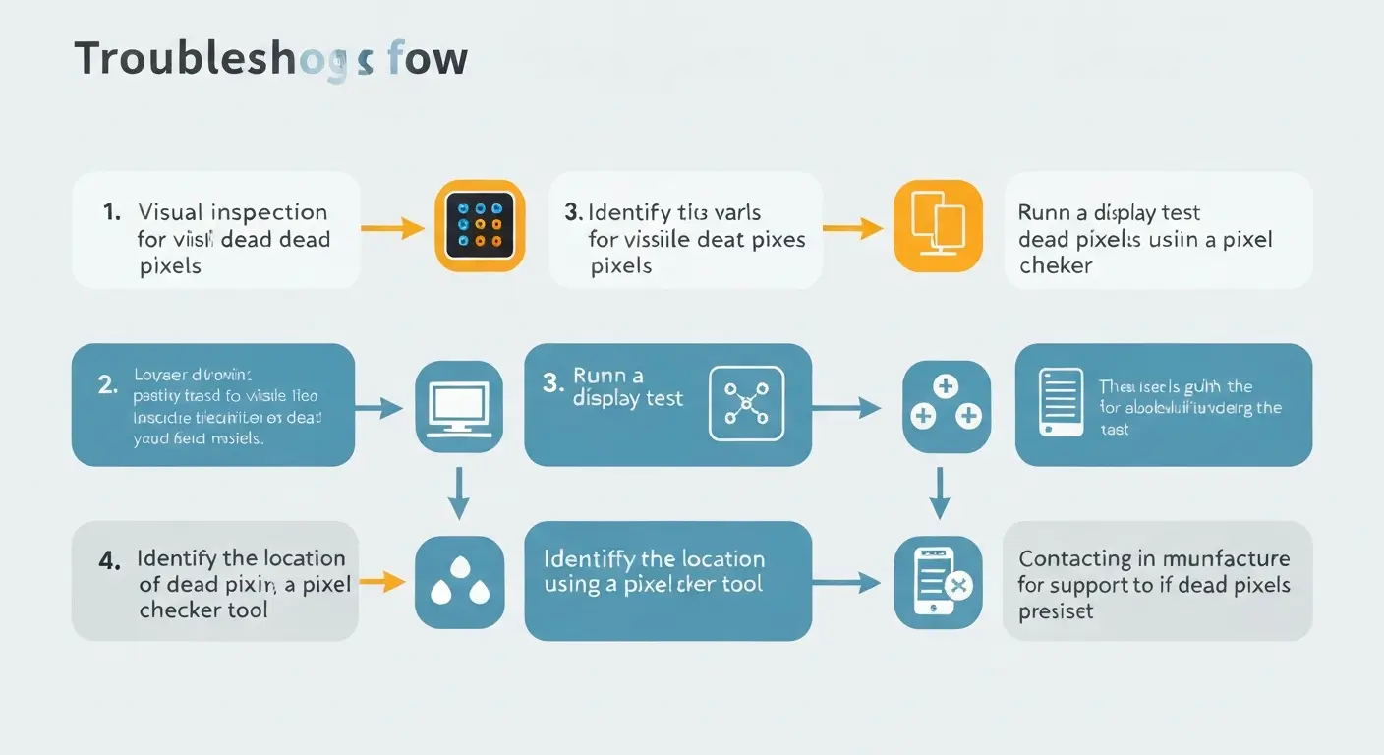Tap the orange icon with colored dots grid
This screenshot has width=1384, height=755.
[x=480, y=225]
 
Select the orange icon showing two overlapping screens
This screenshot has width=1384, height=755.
[x=938, y=225]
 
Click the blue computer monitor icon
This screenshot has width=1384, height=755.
[x=459, y=407]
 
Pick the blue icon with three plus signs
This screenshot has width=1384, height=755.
[x=946, y=407]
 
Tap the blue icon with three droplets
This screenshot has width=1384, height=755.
[x=459, y=583]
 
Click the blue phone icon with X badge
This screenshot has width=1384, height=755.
[x=938, y=583]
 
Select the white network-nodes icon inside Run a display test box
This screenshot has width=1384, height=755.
[x=746, y=402]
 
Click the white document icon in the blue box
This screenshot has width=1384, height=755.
[x=1061, y=402]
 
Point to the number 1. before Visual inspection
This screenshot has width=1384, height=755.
[x=112, y=212]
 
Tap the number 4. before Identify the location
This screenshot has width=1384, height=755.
[x=110, y=560]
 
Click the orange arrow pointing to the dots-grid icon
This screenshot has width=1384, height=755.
[x=392, y=228]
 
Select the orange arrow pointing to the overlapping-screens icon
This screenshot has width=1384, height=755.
[x=852, y=229]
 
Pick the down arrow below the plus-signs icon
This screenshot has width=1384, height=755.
[x=940, y=493]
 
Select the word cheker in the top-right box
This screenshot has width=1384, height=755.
[x=1056, y=265]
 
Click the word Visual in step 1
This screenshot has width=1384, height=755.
[x=170, y=212]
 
